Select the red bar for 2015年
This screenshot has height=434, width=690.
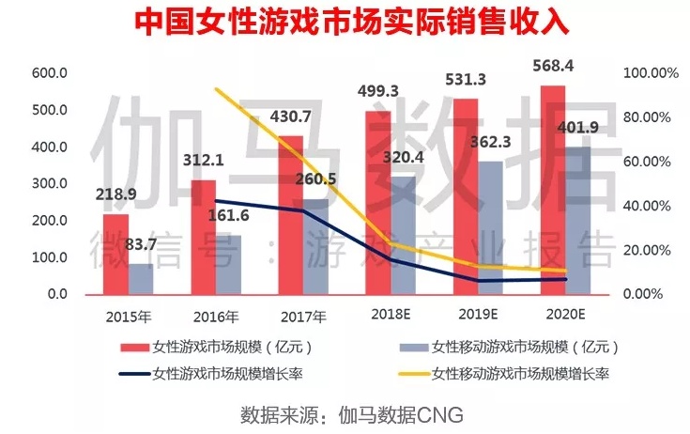tap(115, 254)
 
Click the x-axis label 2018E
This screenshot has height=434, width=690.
tap(388, 315)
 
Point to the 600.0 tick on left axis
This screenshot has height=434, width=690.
tap(50, 73)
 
